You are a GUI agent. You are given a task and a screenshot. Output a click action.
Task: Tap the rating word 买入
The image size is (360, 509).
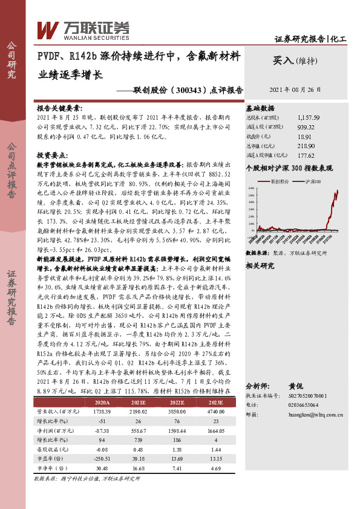click(x=283, y=60)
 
